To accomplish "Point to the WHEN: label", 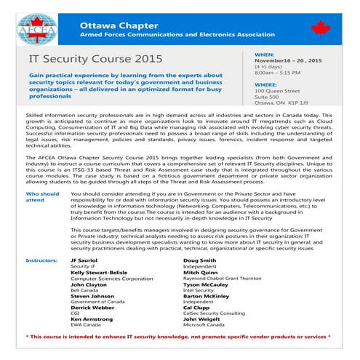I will tap(264, 55).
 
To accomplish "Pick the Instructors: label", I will tap(41, 260).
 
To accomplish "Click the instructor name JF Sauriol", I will tap(86, 260).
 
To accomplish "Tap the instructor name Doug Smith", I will tap(201, 260).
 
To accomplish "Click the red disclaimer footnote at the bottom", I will tap(179, 337).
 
